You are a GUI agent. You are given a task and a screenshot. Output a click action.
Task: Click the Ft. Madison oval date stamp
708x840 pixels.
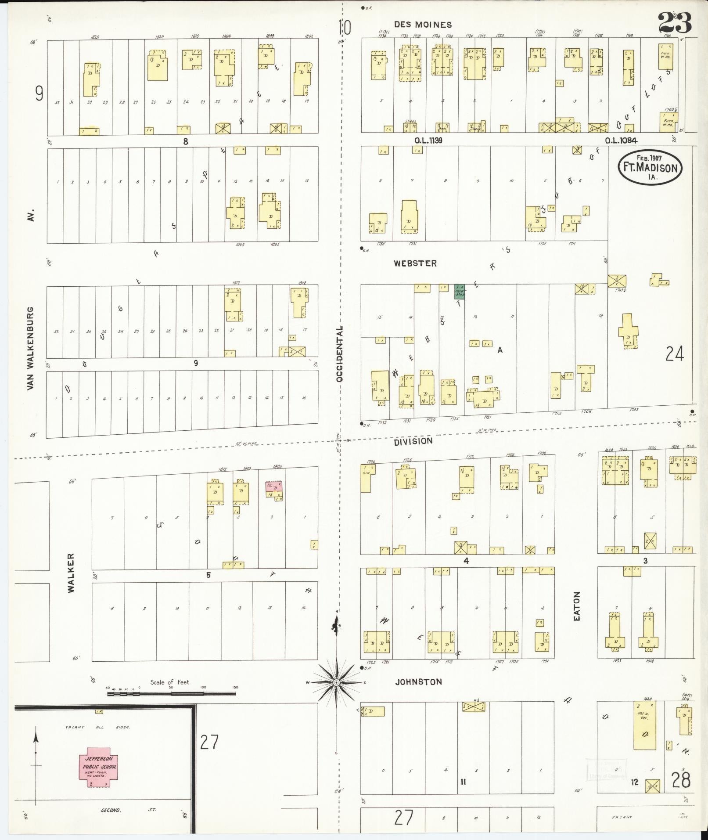tap(650, 166)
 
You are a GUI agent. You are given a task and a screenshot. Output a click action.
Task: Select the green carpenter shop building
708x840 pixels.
tap(460, 291)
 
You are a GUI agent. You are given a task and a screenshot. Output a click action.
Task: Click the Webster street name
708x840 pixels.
tap(415, 263)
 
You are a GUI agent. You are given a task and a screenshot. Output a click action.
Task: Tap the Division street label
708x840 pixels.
tap(413, 441)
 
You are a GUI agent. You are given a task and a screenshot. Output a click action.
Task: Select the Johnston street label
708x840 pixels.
tap(418, 682)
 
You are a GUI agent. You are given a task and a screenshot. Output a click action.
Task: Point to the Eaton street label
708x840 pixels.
tap(577, 606)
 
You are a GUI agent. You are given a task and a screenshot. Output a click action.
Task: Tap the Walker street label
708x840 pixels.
tap(71, 573)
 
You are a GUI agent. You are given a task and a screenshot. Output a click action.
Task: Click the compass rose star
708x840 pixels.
tap(336, 682)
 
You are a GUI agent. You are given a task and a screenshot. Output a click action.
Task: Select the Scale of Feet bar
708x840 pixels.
tap(171, 694)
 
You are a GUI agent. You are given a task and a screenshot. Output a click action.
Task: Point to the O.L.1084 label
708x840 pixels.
tap(621, 141)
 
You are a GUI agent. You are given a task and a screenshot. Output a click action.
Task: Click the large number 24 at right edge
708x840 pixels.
tap(674, 353)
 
